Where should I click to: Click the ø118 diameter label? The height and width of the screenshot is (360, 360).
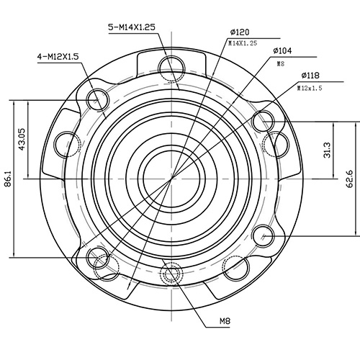point(311,75)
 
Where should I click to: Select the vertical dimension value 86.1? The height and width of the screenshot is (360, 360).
point(8,176)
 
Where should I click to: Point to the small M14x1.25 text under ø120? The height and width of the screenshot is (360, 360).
point(242,43)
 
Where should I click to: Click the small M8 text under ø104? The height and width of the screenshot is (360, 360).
point(281,63)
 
